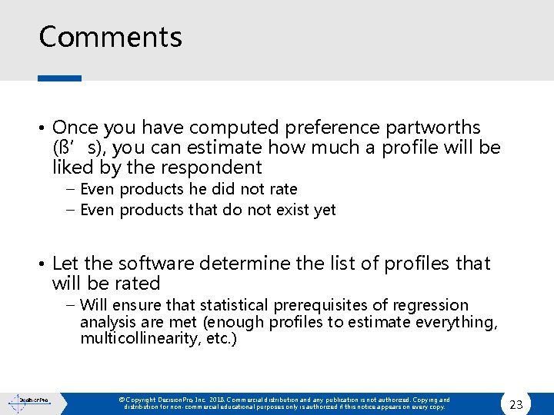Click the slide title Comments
(x=110, y=37)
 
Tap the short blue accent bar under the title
(x=59, y=78)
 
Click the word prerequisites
(x=325, y=306)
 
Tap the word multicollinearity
(x=131, y=338)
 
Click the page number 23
(x=516, y=404)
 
